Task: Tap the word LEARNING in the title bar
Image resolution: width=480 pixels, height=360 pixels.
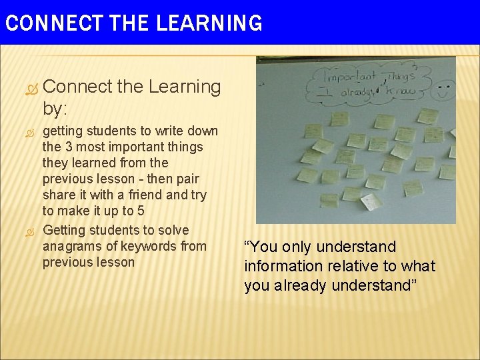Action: pyautogui.click(x=209, y=23)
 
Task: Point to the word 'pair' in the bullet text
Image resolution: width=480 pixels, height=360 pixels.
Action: pyautogui.click(x=187, y=179)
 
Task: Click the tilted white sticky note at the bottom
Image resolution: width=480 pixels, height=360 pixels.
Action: pyautogui.click(x=370, y=201)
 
